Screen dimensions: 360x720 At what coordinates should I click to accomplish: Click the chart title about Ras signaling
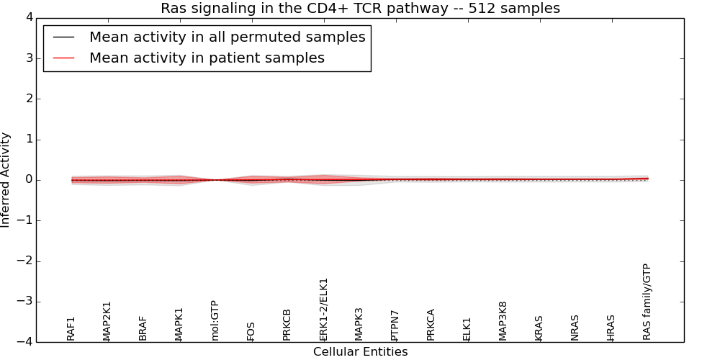coord(360,9)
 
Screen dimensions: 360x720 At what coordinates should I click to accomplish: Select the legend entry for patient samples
coord(207,58)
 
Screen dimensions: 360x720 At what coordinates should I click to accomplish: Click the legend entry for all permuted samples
coord(227,37)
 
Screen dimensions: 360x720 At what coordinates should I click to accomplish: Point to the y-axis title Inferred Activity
coord(6,179)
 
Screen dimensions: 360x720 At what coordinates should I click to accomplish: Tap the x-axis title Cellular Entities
coord(360,352)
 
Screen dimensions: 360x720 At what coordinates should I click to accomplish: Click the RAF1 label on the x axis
coord(71,328)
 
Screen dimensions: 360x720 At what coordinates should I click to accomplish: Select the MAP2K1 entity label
coord(107,320)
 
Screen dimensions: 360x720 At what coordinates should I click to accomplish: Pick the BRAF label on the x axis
coord(143,328)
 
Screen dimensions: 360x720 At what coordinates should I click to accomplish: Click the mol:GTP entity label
coord(215,320)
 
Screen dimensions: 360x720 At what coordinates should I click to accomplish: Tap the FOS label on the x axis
coord(251,331)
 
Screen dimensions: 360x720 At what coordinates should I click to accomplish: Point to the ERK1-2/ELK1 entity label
coord(323,310)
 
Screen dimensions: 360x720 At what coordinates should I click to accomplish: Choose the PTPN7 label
coord(395,325)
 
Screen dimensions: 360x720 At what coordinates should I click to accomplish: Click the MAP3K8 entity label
coord(503,320)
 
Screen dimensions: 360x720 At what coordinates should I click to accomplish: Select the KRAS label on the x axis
coord(539,328)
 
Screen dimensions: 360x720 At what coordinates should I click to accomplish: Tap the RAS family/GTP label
coord(647,302)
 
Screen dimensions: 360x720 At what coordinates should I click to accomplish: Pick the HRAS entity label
coord(611,328)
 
